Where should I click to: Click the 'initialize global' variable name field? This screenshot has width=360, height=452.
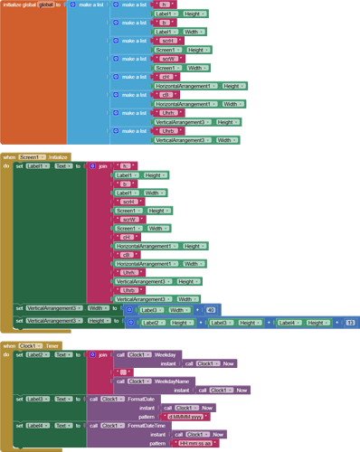click(45, 5)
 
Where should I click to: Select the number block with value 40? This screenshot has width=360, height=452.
click(211, 309)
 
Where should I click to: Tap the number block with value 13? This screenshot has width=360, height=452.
click(349, 322)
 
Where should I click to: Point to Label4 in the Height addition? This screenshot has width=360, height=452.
click(289, 322)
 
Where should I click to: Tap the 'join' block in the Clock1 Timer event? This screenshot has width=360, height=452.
click(102, 354)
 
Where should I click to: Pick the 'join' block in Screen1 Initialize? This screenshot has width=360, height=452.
click(102, 166)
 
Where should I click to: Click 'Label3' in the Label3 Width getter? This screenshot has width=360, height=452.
click(148, 309)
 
